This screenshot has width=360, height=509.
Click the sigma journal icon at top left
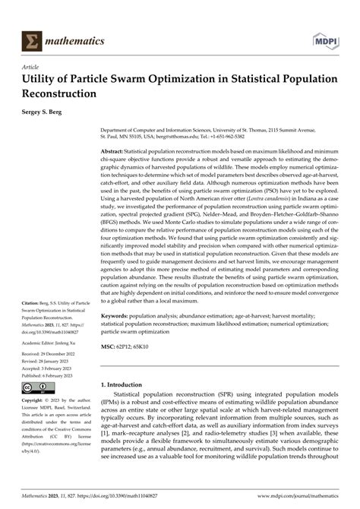point(33,41)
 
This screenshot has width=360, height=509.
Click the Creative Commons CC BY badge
point(35,389)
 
